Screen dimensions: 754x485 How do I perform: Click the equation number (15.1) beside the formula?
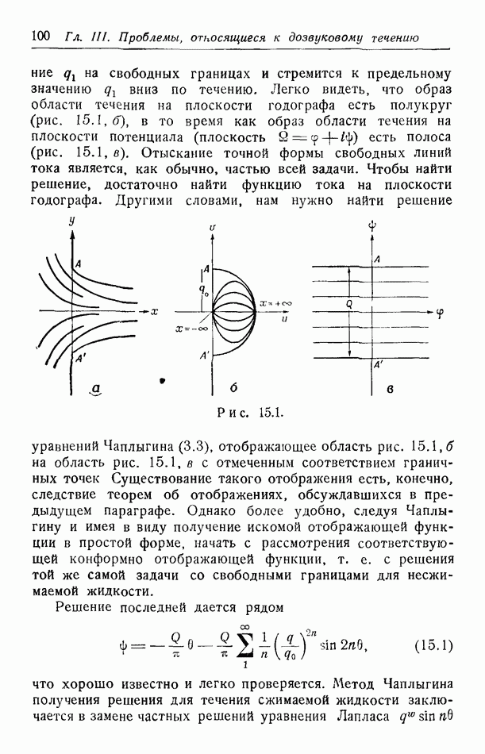click(433, 644)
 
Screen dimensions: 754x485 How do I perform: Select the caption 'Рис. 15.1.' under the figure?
click(245, 413)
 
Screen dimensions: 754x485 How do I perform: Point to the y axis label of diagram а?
click(71, 224)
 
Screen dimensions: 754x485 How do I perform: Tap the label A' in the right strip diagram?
click(379, 366)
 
